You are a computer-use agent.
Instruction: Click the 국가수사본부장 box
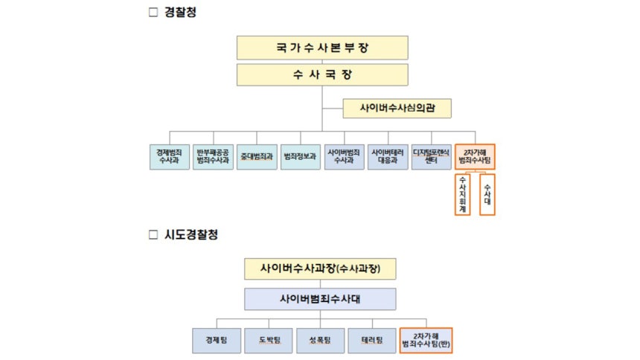(x=322, y=48)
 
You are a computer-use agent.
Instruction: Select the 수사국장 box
(x=322, y=75)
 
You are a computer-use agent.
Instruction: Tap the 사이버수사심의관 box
(x=387, y=108)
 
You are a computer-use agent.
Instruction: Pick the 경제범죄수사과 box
(x=169, y=157)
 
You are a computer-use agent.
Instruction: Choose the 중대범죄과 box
(x=257, y=157)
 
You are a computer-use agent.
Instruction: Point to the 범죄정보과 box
(x=300, y=157)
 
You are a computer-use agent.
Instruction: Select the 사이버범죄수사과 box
(x=344, y=157)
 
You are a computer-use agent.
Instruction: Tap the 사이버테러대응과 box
(x=388, y=157)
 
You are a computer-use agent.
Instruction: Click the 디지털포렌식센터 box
(x=432, y=157)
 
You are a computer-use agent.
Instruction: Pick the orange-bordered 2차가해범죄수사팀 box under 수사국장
(x=475, y=157)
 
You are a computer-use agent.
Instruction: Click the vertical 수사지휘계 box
(x=463, y=194)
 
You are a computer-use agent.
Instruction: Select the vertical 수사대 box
(x=487, y=194)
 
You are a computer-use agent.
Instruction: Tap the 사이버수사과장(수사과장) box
(x=320, y=268)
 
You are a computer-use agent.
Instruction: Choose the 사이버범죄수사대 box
(x=321, y=299)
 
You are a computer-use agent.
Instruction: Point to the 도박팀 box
(x=269, y=340)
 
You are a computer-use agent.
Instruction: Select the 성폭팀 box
(x=321, y=340)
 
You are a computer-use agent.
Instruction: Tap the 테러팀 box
(x=372, y=340)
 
